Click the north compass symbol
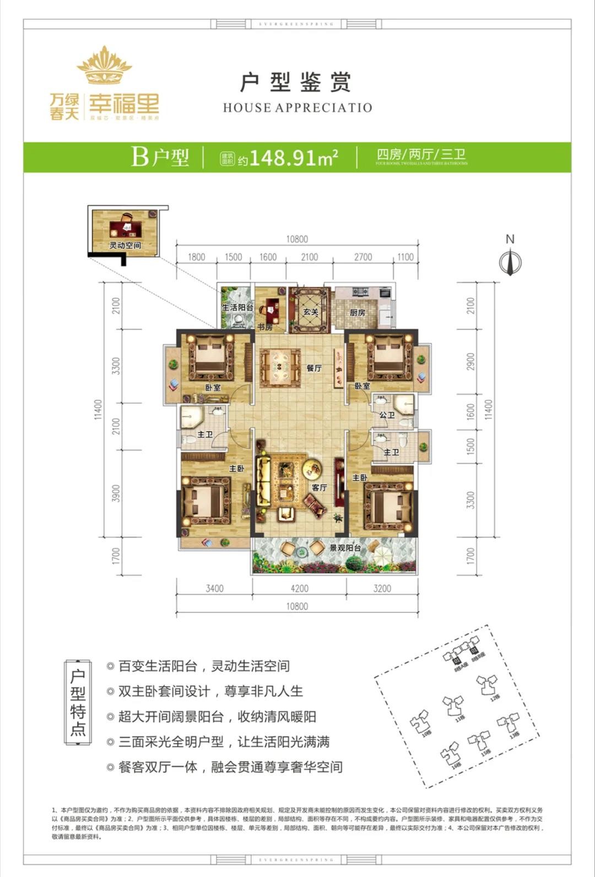point(510,261)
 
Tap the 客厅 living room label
point(319,487)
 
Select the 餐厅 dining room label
point(314,368)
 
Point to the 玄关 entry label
point(311,312)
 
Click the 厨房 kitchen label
point(358,313)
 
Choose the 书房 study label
point(265,327)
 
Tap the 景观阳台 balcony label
point(345,548)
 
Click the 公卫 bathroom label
point(387,415)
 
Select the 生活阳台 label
point(237,307)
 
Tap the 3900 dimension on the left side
point(116,493)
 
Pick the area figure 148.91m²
point(293,158)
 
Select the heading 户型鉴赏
point(296,83)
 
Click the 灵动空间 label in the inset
point(125,245)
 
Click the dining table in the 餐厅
point(278,365)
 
